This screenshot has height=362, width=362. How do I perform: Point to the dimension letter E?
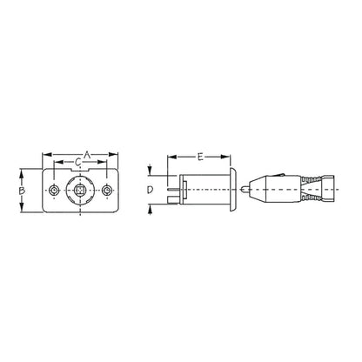tap(201, 157)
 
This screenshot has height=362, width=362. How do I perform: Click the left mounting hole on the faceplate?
tap(55, 191)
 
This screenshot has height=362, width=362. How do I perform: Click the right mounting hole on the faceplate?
tap(107, 191)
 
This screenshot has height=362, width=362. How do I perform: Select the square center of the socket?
tap(81, 191)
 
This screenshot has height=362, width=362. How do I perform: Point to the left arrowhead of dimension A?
tap(44, 157)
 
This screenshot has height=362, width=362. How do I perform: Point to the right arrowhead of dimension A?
tap(117, 157)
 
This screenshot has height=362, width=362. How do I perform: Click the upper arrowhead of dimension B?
tap(23, 173)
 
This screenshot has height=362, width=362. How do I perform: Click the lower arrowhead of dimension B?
tap(23, 208)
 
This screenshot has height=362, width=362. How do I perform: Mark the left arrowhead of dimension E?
tap(171, 157)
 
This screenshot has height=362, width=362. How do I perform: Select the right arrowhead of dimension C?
tap(105, 165)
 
